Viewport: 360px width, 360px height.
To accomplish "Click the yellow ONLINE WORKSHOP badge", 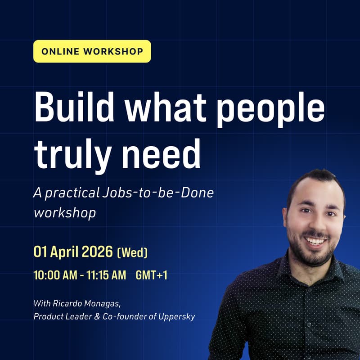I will pos(92,51).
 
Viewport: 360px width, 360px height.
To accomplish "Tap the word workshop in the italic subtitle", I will pos(65,212).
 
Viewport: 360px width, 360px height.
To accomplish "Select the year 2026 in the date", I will pos(97,252).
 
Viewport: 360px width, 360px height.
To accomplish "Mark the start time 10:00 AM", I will pos(58,275).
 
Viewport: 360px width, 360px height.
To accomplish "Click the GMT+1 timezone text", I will pos(151,275).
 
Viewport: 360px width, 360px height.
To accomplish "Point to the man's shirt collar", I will pos(288,265).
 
